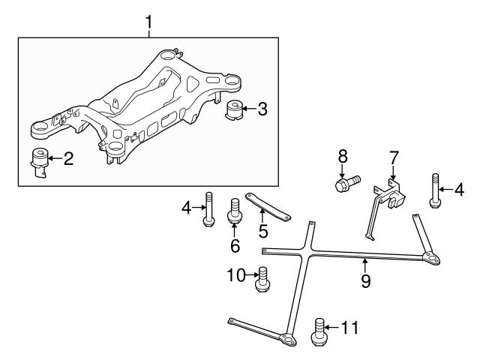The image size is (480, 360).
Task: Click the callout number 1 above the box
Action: [x=148, y=22]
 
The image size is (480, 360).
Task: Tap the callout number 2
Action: [x=67, y=159]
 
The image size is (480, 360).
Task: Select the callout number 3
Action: [x=261, y=109]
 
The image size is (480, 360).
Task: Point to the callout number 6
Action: [x=234, y=245]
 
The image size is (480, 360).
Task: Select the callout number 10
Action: [x=235, y=276]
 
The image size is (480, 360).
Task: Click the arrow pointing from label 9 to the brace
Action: [x=365, y=268]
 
